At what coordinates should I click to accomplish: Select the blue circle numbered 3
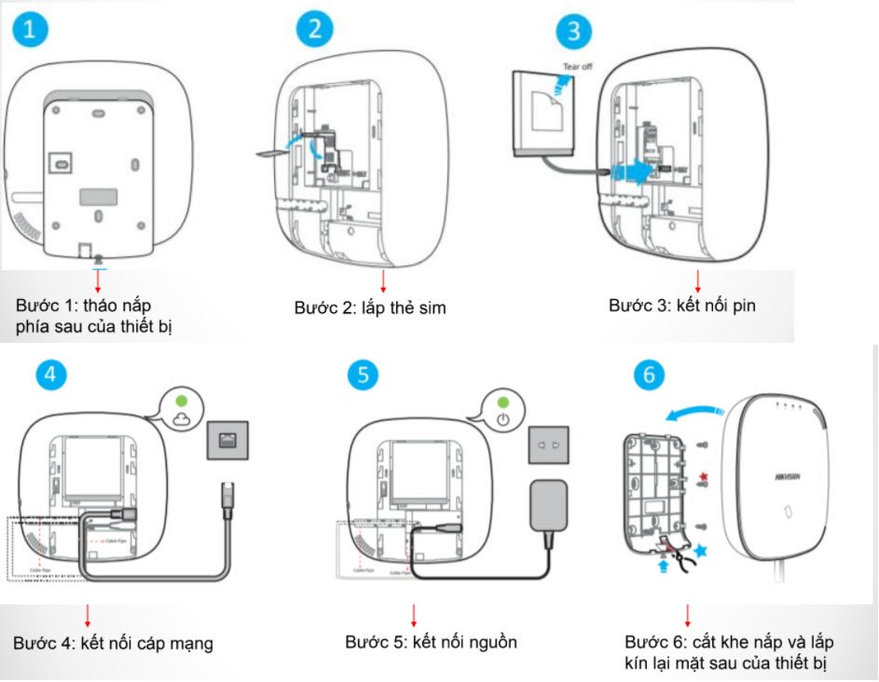(x=573, y=33)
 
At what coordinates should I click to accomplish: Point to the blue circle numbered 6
(x=650, y=375)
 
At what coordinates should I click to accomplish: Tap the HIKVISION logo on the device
(x=787, y=475)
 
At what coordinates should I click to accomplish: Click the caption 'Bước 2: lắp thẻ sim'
(x=370, y=307)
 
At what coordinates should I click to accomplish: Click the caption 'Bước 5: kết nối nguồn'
(x=431, y=642)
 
